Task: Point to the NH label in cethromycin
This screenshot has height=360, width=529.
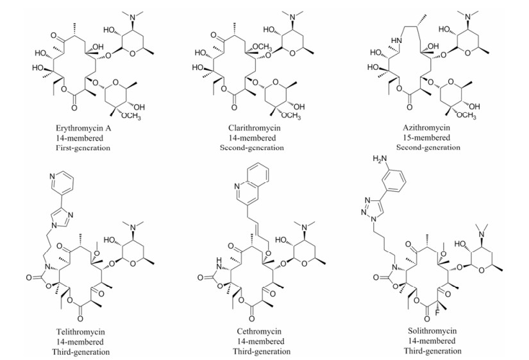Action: tap(219, 260)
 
